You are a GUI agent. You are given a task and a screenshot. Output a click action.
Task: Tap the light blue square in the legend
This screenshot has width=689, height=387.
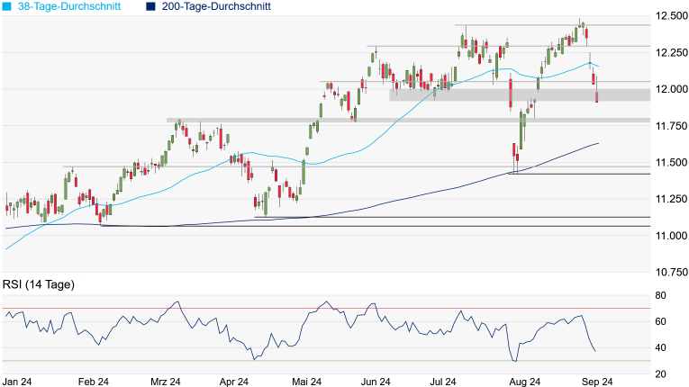(6, 6)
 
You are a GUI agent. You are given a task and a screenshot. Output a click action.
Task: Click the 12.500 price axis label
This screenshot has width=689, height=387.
(671, 16)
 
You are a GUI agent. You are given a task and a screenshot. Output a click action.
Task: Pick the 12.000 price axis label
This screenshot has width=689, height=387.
(671, 89)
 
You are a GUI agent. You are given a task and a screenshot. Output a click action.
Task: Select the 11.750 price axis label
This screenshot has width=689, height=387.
(671, 126)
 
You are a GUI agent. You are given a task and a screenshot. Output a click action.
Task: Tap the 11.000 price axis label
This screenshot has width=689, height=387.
(671, 236)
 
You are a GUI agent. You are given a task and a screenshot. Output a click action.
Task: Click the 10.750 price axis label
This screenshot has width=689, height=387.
(671, 272)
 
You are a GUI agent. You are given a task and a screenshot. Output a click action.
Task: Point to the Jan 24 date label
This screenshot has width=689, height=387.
(18, 382)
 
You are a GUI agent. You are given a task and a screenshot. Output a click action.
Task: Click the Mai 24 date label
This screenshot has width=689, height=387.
(307, 382)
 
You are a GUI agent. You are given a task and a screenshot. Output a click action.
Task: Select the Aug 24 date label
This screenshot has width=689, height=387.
(525, 382)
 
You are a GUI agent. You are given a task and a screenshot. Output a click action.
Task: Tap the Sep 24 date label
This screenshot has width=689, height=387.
(596, 382)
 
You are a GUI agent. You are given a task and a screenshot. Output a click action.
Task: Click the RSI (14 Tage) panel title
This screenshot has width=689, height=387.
(39, 284)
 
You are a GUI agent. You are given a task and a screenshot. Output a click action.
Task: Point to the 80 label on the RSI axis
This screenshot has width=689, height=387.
(661, 295)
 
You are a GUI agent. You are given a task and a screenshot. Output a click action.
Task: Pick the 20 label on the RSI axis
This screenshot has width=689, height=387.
(661, 373)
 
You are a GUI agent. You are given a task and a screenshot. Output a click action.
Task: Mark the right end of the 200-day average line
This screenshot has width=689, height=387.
(599, 143)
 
